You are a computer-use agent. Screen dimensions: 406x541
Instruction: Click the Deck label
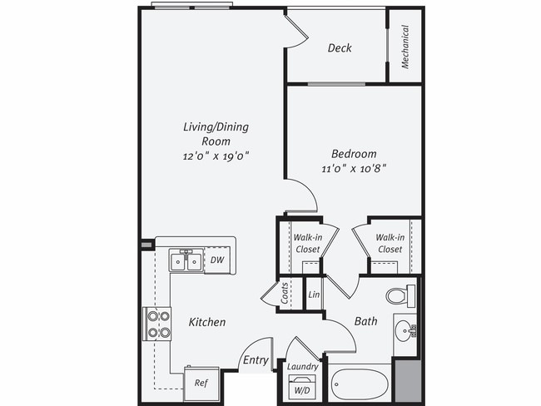pos(339,48)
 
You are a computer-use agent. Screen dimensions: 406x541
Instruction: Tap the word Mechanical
pos(405,47)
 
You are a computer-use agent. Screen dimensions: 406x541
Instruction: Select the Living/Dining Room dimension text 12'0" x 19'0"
pos(216,156)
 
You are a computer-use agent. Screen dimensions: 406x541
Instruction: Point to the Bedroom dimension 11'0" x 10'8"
pos(354,168)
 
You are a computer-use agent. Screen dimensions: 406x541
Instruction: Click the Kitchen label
pos(206,322)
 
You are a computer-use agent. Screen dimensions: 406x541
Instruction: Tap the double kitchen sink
pos(186,261)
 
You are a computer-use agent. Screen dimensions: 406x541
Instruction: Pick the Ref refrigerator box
pos(201,383)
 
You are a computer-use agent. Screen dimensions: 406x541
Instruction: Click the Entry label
pos(255,360)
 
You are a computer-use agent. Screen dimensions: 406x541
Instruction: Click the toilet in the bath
pos(400,295)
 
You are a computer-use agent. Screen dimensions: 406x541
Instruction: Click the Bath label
pos(365,320)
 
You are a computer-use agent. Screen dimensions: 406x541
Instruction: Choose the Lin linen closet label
pos(314,295)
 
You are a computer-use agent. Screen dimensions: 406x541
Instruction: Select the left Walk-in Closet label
pos(306,243)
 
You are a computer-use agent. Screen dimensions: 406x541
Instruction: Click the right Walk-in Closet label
pos(389,243)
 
